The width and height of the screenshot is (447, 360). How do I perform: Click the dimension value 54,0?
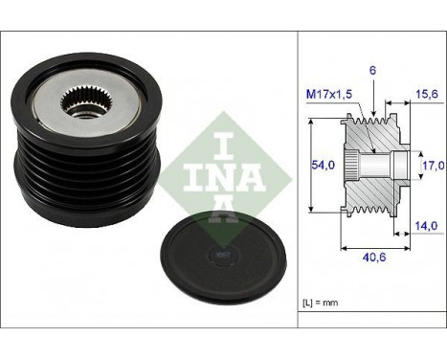coord(324,165)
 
